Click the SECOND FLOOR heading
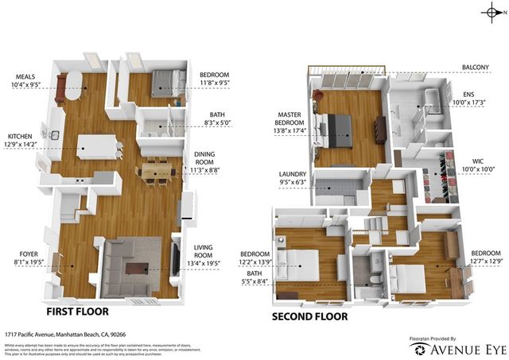pos(309,316)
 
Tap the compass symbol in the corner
pos(494,11)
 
